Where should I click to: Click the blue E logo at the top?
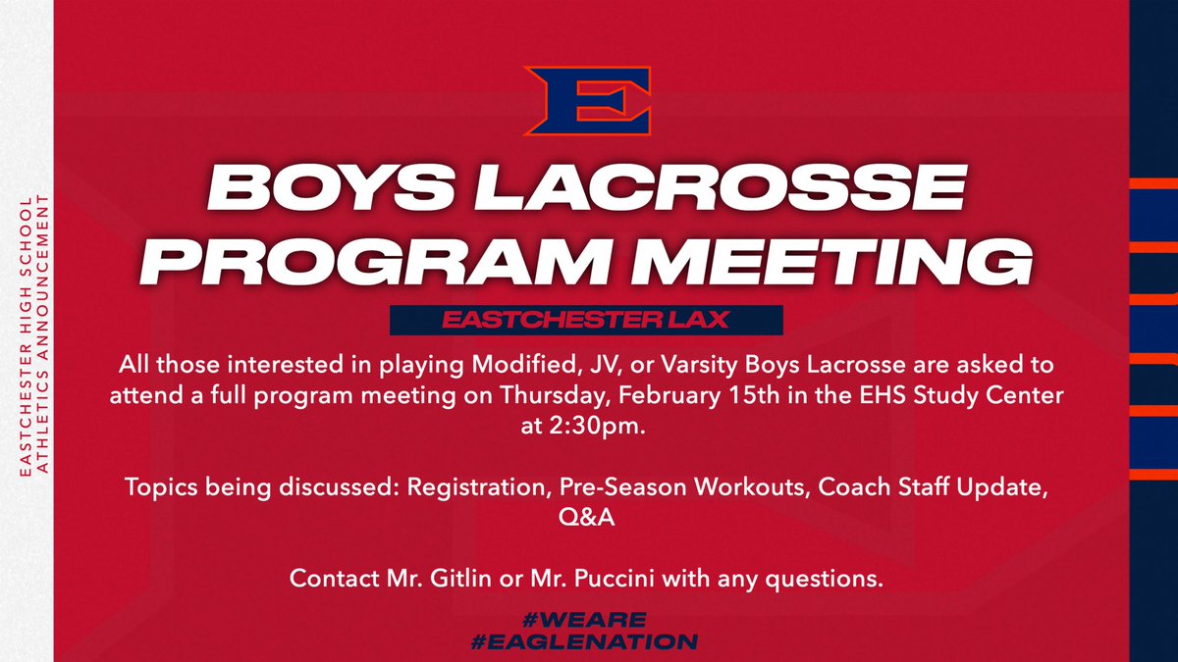[586, 99]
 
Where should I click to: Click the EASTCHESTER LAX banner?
[585, 320]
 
